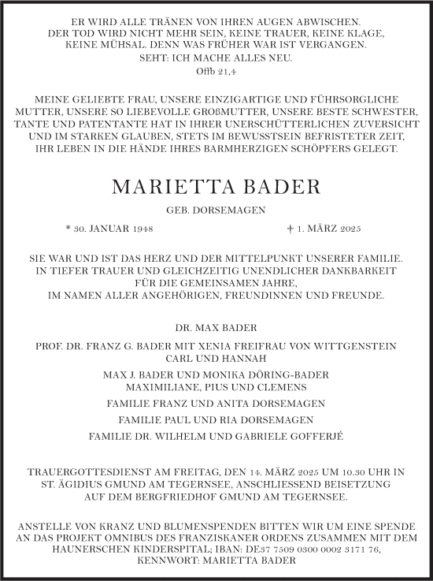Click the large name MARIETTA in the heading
tap(168, 188)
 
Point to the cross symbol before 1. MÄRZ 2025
tap(291, 229)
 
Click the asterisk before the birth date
tap(69, 229)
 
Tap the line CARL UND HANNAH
tap(216, 359)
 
